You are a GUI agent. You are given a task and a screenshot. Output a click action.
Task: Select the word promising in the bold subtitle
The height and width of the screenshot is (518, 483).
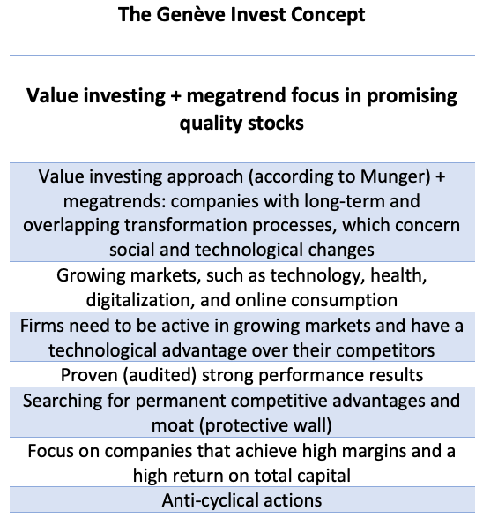pyautogui.click(x=412, y=97)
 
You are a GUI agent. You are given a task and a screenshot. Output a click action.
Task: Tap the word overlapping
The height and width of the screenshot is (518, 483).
pyautogui.click(x=71, y=226)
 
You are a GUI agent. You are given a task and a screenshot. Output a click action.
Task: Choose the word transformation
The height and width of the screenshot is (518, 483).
pyautogui.click(x=186, y=226)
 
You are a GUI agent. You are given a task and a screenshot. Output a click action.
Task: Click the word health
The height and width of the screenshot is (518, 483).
pyautogui.click(x=398, y=275)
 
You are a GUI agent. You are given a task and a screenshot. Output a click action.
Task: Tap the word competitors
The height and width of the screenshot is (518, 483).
pyautogui.click(x=385, y=351)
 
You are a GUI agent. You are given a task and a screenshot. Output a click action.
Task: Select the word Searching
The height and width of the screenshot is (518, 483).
pyautogui.click(x=63, y=402)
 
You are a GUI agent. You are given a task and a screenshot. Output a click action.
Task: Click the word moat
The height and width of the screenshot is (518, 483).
pyautogui.click(x=173, y=426)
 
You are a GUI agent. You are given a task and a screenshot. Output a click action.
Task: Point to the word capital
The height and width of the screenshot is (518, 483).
pyautogui.click(x=323, y=477)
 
